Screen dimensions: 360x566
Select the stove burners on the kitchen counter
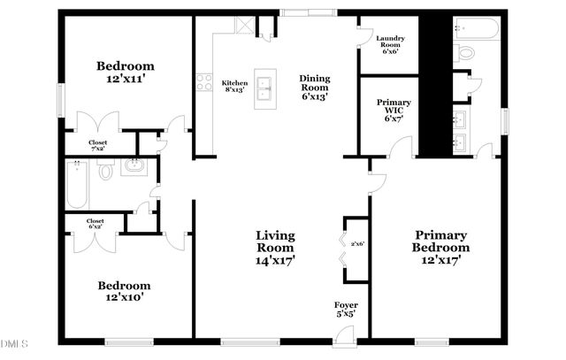pyautogui.click(x=204, y=85)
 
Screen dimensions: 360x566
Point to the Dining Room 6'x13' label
pyautogui.click(x=314, y=88)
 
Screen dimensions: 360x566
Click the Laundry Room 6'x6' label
pyautogui.click(x=390, y=44)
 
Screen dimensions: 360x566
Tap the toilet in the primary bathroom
pyautogui.click(x=466, y=52)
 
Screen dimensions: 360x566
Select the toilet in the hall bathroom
pyautogui.click(x=105, y=168)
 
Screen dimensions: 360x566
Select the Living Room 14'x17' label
pyautogui.click(x=275, y=248)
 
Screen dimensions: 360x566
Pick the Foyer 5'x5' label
pyautogui.click(x=345, y=310)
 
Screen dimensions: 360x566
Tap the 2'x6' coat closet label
pyautogui.click(x=356, y=244)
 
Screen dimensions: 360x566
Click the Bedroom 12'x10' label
pyautogui.click(x=124, y=292)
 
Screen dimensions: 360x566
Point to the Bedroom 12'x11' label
pyautogui.click(x=126, y=73)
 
